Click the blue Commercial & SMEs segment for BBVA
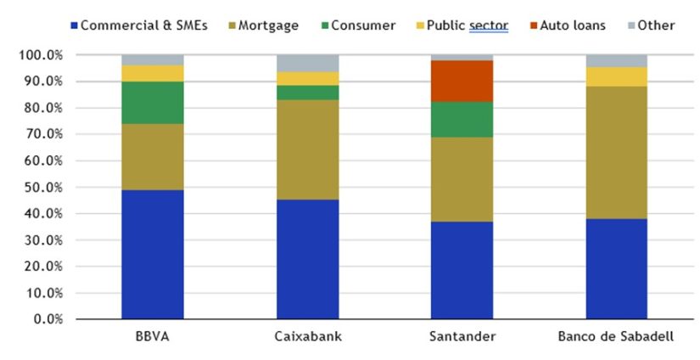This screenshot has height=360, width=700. point(152,254)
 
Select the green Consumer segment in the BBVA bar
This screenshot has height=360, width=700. point(152,103)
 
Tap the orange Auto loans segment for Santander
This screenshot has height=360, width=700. point(461,81)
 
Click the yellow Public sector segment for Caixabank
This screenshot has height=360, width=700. point(306,78)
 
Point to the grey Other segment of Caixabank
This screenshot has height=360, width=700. point(306,63)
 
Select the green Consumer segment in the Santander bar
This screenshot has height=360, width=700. point(461,119)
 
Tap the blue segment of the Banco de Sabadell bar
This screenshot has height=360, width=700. point(615,268)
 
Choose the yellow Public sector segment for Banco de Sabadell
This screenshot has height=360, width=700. point(615,76)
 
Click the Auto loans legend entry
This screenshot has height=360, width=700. point(569,25)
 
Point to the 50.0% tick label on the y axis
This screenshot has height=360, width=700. point(39,187)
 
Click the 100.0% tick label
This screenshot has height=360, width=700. point(37,55)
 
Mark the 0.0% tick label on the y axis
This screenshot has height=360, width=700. point(42,319)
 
